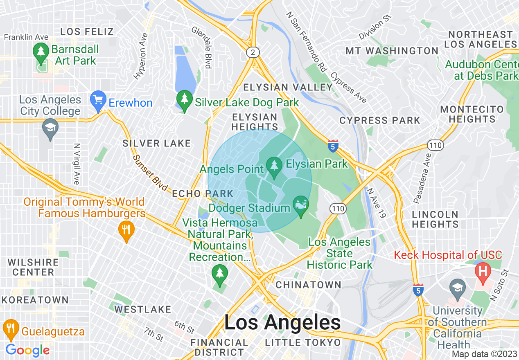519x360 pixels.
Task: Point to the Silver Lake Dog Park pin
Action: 185,100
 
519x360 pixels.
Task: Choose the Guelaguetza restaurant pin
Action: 11,328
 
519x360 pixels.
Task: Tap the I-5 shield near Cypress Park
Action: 333,146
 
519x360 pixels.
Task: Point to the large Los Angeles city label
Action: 282,323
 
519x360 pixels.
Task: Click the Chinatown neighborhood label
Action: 309,285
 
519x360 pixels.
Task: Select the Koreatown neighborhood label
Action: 35,300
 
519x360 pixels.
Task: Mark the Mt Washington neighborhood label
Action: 392,51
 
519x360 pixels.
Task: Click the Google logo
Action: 27,350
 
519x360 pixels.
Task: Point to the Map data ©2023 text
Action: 484,354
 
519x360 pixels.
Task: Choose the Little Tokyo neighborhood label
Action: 303,342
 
